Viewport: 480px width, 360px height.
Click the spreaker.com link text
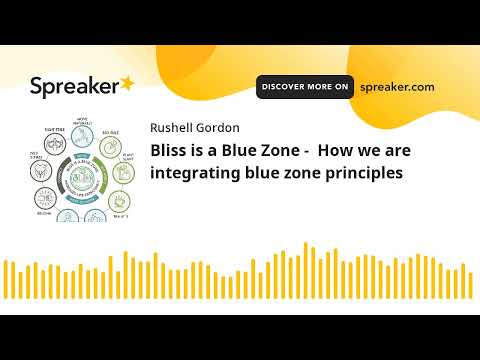[397, 87]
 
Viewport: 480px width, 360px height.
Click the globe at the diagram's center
[84, 177]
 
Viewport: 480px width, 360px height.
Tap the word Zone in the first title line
[283, 151]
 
